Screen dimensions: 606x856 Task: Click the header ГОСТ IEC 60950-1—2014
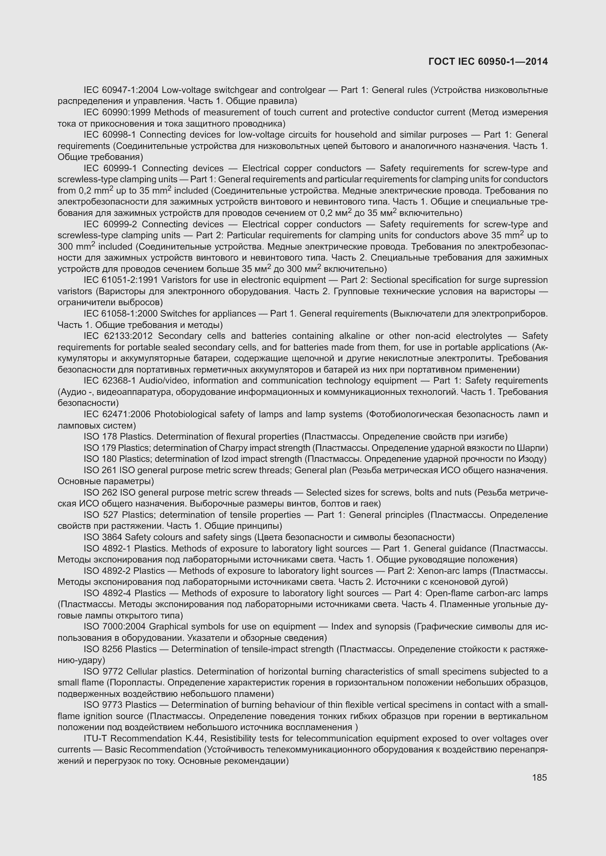pyautogui.click(x=488, y=61)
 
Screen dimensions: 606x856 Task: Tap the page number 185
pyautogui.click(x=539, y=778)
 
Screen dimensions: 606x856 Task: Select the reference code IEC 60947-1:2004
pyautogui.click(x=121, y=90)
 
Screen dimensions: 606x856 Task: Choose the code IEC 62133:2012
pyautogui.click(x=118, y=336)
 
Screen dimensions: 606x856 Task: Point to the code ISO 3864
pyautogui.click(x=103, y=537)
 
